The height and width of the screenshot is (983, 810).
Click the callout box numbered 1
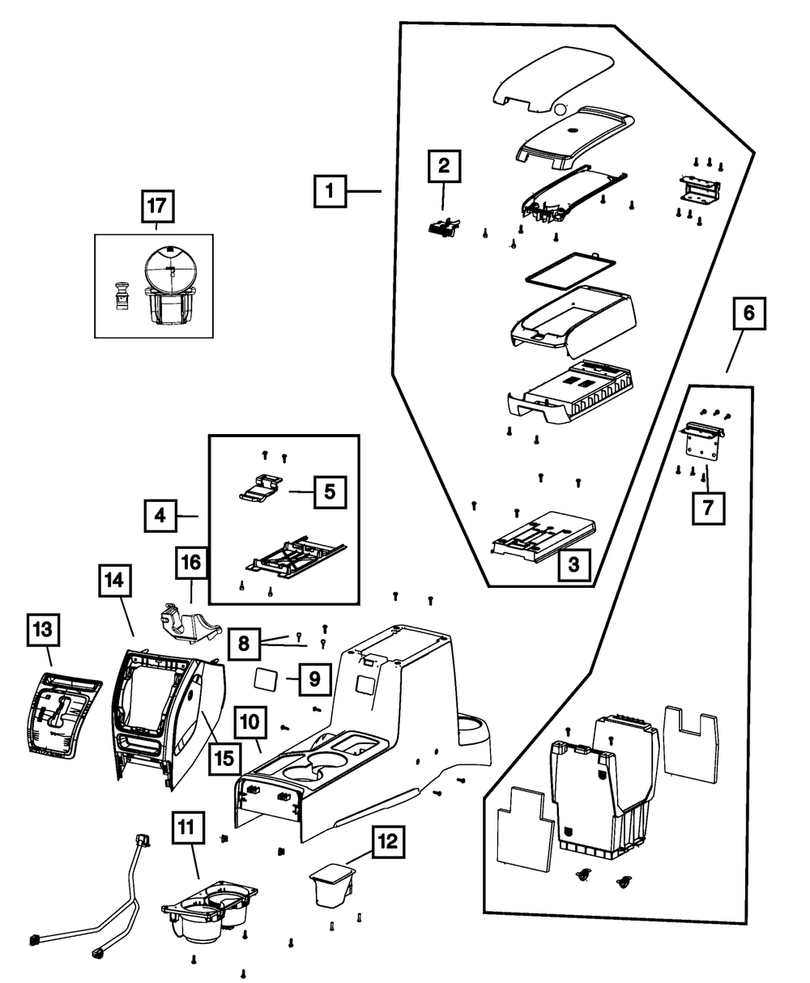pos(329,192)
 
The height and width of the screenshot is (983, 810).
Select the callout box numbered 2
pos(443,168)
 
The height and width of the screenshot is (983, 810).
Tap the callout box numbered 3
pos(573,565)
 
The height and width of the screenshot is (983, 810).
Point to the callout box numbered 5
pos(330,491)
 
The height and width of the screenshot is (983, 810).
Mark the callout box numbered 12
pos(386,843)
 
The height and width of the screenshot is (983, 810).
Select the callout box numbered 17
pos(156,206)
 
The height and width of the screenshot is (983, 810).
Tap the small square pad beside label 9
pos(266,677)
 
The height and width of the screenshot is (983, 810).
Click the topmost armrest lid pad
pos(555,79)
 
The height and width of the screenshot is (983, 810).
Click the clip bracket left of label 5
pos(261,488)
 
